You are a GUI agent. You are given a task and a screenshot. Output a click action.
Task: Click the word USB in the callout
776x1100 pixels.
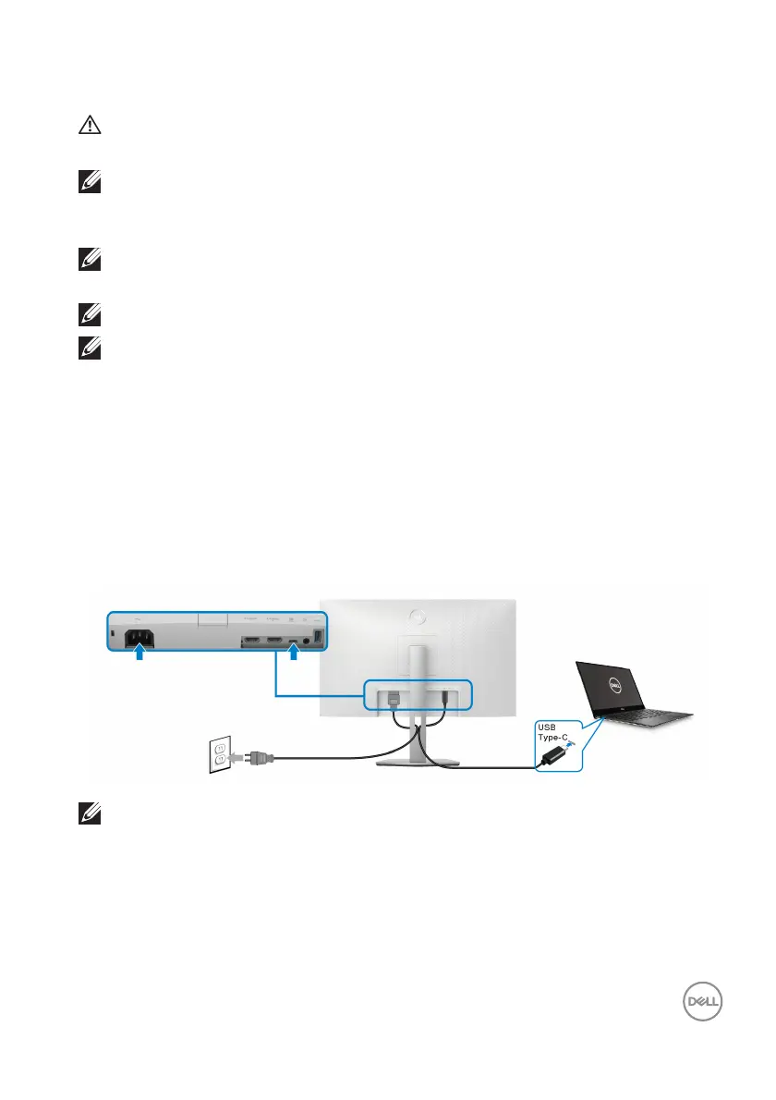point(549,728)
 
